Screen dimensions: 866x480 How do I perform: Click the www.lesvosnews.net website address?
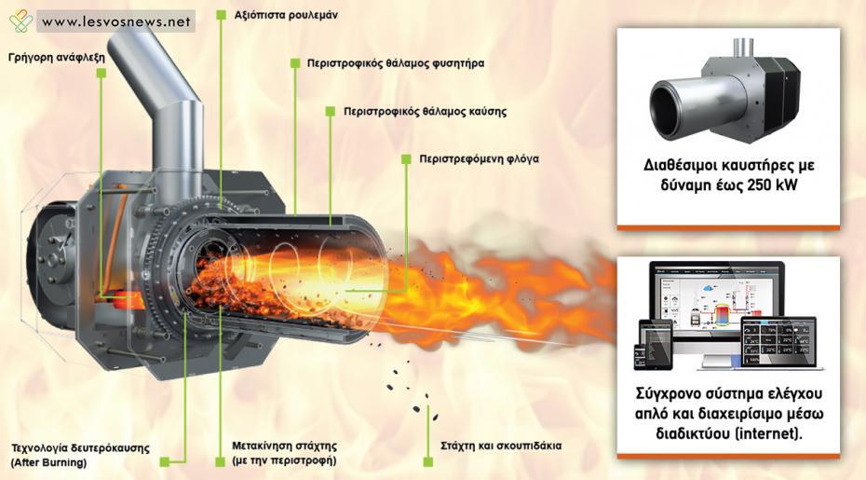click(116, 22)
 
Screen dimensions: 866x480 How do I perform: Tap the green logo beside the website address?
click(21, 21)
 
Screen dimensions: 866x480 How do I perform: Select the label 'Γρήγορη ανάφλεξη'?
click(56, 57)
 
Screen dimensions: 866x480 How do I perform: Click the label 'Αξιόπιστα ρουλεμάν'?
click(286, 15)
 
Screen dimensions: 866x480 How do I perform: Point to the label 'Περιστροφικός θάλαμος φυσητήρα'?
click(396, 63)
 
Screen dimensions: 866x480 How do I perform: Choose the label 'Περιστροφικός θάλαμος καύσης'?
click(425, 111)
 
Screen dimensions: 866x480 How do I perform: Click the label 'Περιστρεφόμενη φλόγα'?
click(479, 159)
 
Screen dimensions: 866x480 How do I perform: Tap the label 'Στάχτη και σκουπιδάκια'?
click(501, 446)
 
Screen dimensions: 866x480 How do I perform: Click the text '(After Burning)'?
click(48, 462)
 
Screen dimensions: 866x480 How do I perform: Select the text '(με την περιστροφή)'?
click(284, 460)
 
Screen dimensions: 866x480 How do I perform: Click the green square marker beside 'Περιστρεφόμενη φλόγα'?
click(406, 159)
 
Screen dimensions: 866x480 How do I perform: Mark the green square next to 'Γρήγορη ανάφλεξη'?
click(101, 73)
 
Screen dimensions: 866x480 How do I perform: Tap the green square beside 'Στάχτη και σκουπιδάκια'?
click(428, 461)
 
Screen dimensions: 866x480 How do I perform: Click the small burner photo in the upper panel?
click(724, 92)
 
